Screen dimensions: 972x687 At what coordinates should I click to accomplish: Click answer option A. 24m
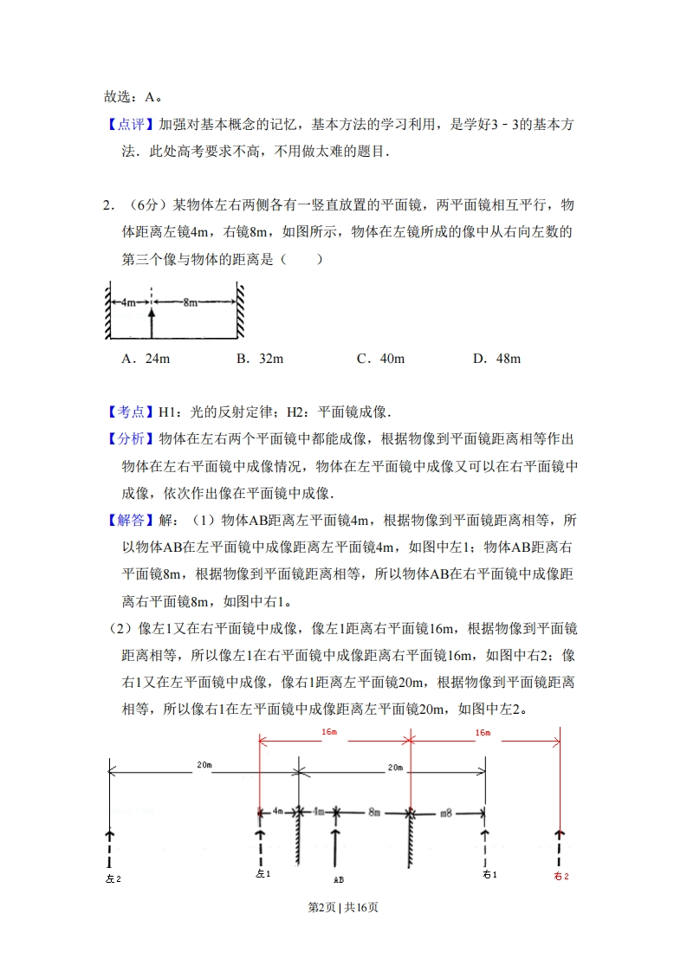(x=146, y=359)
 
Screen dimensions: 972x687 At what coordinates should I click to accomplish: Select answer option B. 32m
(x=260, y=359)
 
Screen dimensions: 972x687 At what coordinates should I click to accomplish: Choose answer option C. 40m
(x=380, y=359)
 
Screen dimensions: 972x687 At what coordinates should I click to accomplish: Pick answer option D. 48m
(x=496, y=359)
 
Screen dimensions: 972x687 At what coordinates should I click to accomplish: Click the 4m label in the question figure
(x=127, y=302)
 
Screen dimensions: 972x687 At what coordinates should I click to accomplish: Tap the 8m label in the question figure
(x=190, y=302)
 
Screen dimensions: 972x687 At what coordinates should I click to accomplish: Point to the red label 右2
(x=561, y=876)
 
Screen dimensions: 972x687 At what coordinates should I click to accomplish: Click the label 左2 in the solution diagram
(x=113, y=878)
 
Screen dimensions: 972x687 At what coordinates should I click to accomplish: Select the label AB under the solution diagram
(x=338, y=879)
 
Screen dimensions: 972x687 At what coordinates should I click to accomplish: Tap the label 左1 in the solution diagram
(x=263, y=875)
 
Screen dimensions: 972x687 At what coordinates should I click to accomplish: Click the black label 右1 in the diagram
(x=489, y=875)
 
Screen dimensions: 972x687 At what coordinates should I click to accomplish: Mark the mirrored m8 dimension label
(x=446, y=813)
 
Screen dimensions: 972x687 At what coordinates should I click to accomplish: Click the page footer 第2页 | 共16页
(x=343, y=907)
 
